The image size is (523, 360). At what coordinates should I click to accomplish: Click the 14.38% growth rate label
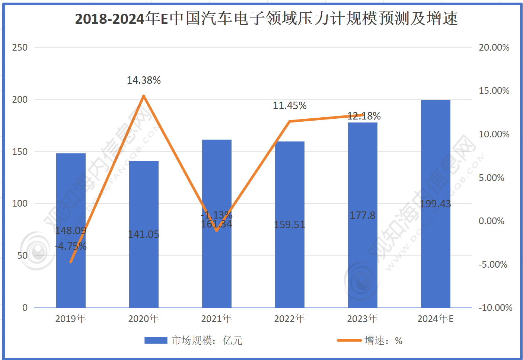click(x=144, y=80)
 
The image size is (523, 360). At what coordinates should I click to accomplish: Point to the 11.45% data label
click(x=290, y=106)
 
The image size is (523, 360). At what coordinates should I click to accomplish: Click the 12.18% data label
click(x=364, y=116)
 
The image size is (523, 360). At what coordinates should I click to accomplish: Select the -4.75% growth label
click(x=71, y=246)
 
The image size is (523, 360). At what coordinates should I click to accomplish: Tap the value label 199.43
click(x=435, y=204)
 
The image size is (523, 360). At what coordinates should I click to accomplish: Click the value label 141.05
click(x=144, y=235)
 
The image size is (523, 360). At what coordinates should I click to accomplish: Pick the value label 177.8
click(x=363, y=216)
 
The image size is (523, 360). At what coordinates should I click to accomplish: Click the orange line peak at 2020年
click(x=144, y=96)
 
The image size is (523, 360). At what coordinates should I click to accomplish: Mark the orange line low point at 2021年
click(x=217, y=231)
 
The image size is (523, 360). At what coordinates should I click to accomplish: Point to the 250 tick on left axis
click(x=20, y=48)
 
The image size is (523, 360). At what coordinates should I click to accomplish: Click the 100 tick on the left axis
click(x=20, y=204)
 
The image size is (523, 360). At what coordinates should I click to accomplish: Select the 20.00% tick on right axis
click(x=494, y=48)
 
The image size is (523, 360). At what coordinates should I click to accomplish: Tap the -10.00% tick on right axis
click(x=495, y=308)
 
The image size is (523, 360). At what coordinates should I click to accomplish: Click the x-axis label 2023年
click(x=363, y=319)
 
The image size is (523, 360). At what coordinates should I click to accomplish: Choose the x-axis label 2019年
click(x=71, y=319)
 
